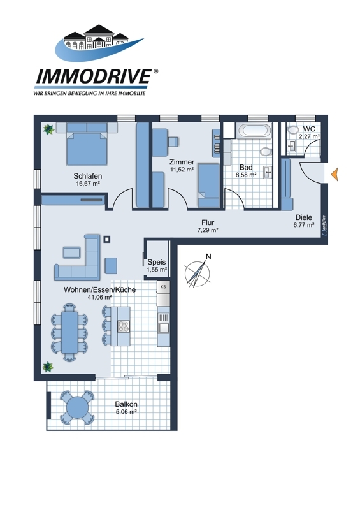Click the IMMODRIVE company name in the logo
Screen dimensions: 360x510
tap(92, 76)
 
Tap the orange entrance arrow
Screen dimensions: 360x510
tap(335, 174)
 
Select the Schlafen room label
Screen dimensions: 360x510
tap(88, 176)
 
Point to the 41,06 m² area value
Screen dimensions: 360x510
tap(100, 297)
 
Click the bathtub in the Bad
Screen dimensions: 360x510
tap(254, 131)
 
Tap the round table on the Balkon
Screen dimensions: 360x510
tap(77, 407)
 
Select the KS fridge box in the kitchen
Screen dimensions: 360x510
tap(163, 287)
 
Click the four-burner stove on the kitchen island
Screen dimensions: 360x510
tap(123, 326)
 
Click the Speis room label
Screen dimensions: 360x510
tap(157, 262)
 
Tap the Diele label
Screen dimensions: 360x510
tap(304, 217)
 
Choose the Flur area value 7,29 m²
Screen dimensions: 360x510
tap(208, 230)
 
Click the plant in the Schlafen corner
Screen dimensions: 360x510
tap(49, 129)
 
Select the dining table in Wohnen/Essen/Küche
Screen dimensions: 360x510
tap(69, 331)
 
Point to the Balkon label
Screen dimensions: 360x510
tap(126, 404)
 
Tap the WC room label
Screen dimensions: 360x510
tap(309, 129)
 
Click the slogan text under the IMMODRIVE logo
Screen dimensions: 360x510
tap(89, 94)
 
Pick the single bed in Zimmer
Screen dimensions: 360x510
tap(208, 185)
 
